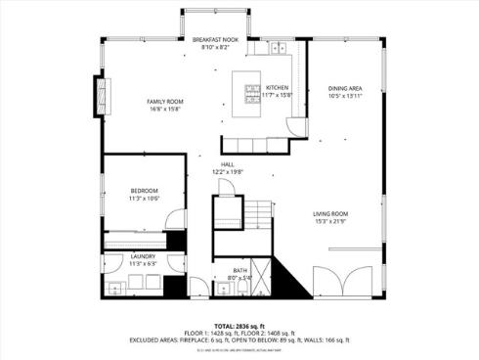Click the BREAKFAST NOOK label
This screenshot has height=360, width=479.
[215, 39]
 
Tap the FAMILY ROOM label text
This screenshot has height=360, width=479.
[165, 102]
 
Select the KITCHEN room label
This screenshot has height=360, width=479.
[278, 87]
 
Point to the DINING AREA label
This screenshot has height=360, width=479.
[345, 89]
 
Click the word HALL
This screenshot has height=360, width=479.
[227, 164]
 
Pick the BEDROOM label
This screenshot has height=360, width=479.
[145, 191]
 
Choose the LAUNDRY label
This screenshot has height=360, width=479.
[143, 256]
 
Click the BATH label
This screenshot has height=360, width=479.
[240, 270]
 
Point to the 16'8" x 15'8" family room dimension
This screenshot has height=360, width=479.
[165, 109]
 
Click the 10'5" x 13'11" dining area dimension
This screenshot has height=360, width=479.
[345, 96]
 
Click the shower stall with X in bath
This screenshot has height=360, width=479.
[226, 210]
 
